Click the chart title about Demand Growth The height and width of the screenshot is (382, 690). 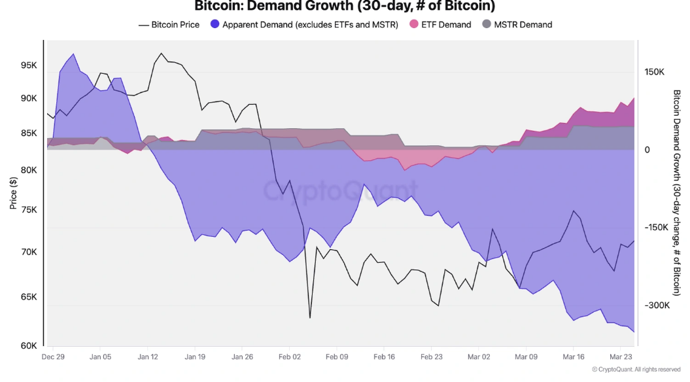pyautogui.click(x=345, y=7)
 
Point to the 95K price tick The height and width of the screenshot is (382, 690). pyautogui.click(x=29, y=66)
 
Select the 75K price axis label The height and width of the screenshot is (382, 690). pyautogui.click(x=29, y=210)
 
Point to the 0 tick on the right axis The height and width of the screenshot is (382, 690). pyautogui.click(x=647, y=150)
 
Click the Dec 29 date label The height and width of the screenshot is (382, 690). pyautogui.click(x=52, y=357)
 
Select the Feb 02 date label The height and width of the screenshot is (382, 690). pyautogui.click(x=289, y=357)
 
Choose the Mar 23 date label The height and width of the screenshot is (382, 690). pyautogui.click(x=621, y=357)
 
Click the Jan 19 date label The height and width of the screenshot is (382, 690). pyautogui.click(x=195, y=357)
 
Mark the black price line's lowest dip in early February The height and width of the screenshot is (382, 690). pyautogui.click(x=309, y=318)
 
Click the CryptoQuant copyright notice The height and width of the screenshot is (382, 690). pyautogui.click(x=636, y=370)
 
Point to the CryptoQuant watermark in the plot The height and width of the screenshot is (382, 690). pyautogui.click(x=340, y=190)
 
